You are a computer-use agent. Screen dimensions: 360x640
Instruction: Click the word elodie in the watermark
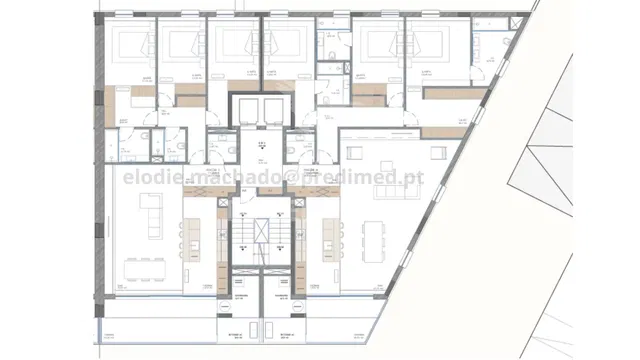[147, 177]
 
